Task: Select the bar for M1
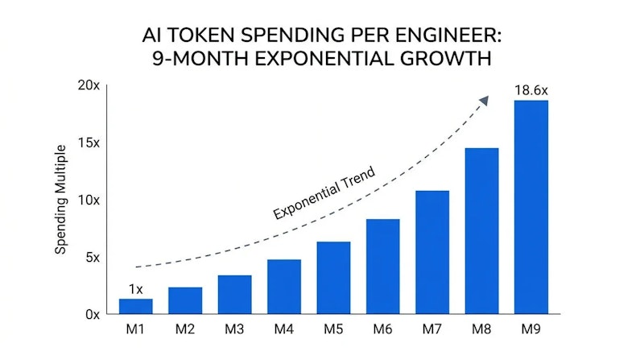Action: click(x=135, y=306)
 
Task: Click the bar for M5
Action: click(x=333, y=278)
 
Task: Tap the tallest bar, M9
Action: click(x=531, y=207)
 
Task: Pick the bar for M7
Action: click(x=432, y=252)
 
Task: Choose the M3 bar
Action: click(x=234, y=295)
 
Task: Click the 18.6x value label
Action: click(x=531, y=90)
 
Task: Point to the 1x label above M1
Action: click(x=135, y=289)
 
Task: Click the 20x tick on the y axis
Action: click(x=89, y=85)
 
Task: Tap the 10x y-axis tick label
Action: click(x=89, y=201)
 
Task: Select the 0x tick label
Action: click(x=93, y=315)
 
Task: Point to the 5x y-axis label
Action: click(x=93, y=258)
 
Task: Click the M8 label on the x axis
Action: click(x=481, y=329)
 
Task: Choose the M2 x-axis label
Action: click(x=185, y=329)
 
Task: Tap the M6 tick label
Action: click(x=383, y=329)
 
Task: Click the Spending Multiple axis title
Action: click(x=61, y=199)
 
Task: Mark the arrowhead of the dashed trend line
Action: click(x=485, y=101)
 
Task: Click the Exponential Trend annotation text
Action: click(x=324, y=192)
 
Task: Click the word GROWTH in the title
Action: click(x=446, y=59)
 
